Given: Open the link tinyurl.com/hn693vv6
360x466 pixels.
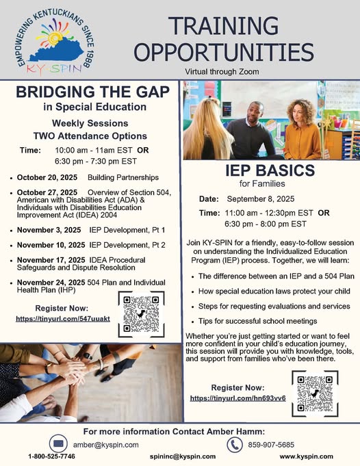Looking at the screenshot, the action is point(237,398).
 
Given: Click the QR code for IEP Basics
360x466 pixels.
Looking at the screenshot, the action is point(314,393).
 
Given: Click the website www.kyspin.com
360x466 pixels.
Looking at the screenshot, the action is point(306,456).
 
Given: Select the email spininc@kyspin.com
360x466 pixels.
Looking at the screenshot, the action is point(179,456).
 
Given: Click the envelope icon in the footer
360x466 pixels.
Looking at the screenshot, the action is point(57,443).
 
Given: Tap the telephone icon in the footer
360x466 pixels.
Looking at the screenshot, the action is point(236,443).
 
